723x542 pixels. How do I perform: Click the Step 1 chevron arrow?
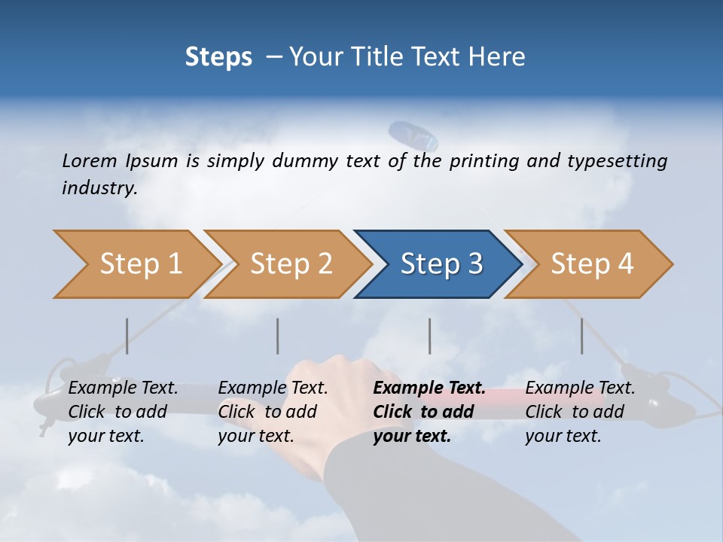(136, 264)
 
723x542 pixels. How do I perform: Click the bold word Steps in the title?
(218, 57)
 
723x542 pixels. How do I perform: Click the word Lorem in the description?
(89, 160)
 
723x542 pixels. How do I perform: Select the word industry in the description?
(99, 188)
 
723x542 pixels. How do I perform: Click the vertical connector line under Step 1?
(127, 336)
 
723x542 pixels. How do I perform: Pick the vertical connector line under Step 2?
(278, 336)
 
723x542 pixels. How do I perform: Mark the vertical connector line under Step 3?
(430, 336)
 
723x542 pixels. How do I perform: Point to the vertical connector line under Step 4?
(582, 336)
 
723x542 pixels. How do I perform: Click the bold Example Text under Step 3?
(429, 388)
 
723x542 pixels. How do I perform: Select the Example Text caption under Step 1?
(123, 388)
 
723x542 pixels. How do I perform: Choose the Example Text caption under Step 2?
(273, 388)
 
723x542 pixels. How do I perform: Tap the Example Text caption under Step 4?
(580, 388)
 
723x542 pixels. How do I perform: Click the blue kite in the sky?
(413, 135)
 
